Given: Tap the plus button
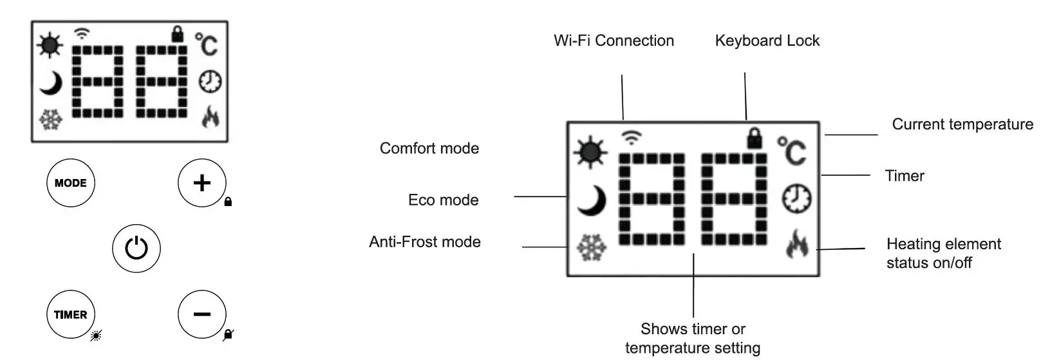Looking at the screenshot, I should tap(202, 183).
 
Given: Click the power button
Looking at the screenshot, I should tap(136, 248).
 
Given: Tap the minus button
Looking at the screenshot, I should tap(202, 314).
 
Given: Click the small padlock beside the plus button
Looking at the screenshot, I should tap(228, 202).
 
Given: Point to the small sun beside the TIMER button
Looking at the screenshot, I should tap(96, 335).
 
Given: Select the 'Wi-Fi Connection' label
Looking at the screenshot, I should tap(614, 41).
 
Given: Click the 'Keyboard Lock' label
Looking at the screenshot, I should tap(767, 41).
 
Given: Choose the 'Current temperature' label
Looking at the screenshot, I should tap(962, 124).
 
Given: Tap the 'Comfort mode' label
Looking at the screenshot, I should tap(429, 148).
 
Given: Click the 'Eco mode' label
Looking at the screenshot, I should tap(443, 200).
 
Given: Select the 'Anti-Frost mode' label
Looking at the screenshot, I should tap(425, 242).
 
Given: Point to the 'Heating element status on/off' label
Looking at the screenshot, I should tap(943, 253).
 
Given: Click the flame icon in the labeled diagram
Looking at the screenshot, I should tap(797, 243).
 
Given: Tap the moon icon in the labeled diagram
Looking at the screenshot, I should tap(592, 200).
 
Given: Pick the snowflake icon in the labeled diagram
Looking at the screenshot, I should tap(590, 248).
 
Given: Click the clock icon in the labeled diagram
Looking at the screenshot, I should tap(796, 198).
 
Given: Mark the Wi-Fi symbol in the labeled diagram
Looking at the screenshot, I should tap(632, 137).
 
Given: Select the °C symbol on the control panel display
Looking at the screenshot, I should tap(207, 44).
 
